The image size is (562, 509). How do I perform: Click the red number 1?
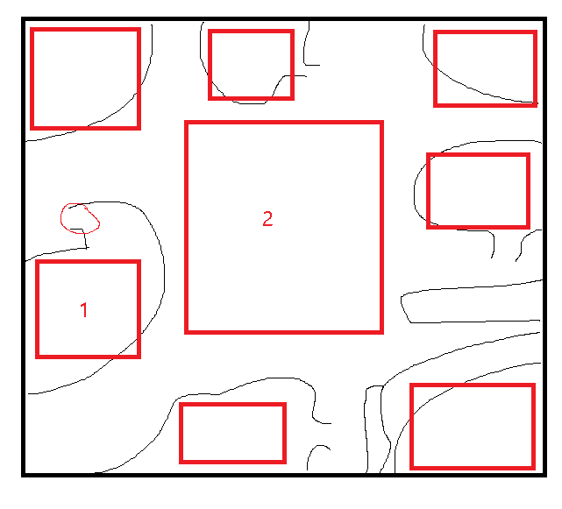point(84,310)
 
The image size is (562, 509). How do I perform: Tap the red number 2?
point(267,218)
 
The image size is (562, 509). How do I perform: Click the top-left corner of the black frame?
point(22,18)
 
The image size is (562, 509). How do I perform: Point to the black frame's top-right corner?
point(546,18)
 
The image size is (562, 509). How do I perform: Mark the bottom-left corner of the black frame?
point(22,477)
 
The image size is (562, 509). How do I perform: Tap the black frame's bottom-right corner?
point(546,477)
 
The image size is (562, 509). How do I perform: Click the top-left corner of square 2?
point(185,121)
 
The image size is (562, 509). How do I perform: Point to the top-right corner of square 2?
point(383,121)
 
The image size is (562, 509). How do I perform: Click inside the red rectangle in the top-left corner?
point(85,79)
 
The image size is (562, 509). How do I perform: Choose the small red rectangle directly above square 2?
point(252,65)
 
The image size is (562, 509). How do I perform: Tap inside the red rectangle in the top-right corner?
point(486,68)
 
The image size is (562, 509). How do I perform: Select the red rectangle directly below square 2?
point(232,433)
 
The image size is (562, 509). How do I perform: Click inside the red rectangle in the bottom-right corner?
point(473,427)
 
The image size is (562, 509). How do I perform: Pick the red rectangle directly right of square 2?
point(478,191)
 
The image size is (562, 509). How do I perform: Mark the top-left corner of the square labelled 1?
point(36,260)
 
